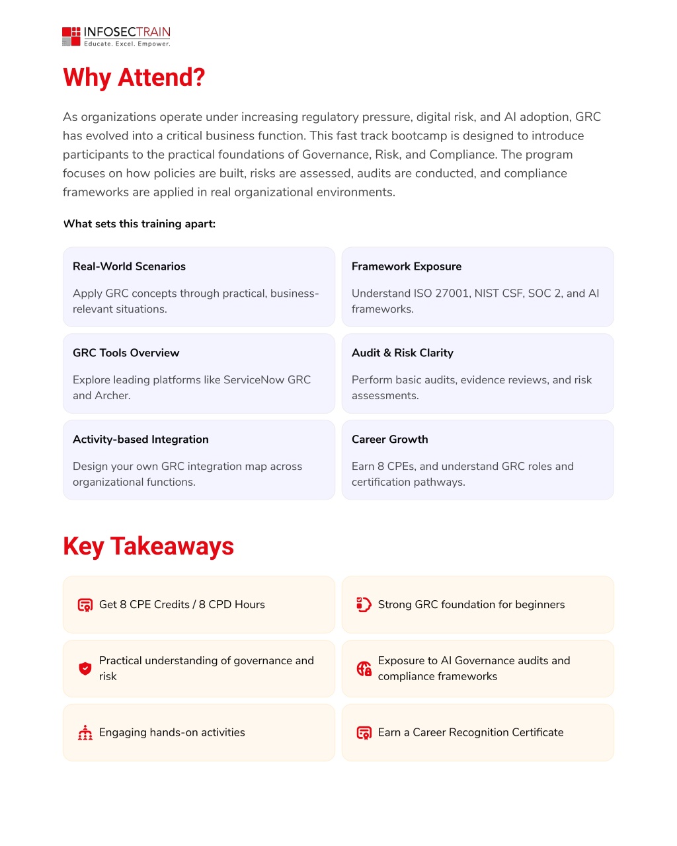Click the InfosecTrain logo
(x=116, y=36)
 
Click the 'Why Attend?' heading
(x=134, y=77)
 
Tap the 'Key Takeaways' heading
(x=148, y=547)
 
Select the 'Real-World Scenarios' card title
(x=129, y=266)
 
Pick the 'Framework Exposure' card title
(x=406, y=266)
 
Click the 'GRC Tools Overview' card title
(x=126, y=353)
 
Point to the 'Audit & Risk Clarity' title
(x=402, y=353)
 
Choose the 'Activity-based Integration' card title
(x=140, y=440)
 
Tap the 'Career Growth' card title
(x=389, y=440)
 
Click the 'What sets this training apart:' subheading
(x=139, y=224)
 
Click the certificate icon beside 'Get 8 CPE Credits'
(x=85, y=605)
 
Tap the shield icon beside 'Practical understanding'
(x=85, y=668)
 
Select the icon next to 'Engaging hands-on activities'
(x=85, y=732)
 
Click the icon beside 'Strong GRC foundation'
(x=364, y=605)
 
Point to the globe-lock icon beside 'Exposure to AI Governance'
(x=364, y=668)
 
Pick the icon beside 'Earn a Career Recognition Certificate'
(x=364, y=732)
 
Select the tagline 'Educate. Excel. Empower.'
(x=127, y=44)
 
